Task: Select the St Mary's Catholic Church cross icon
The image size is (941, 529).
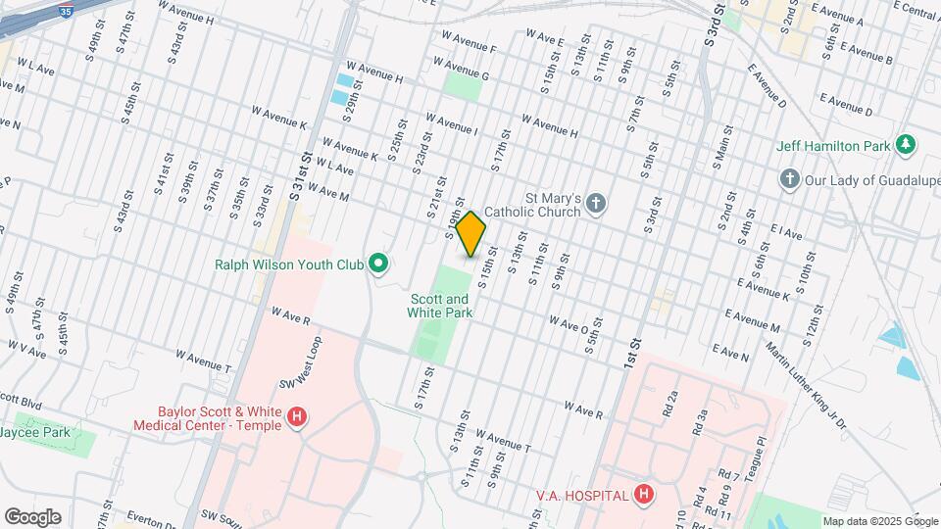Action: [x=595, y=205]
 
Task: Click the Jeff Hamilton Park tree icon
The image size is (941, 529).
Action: [x=907, y=146]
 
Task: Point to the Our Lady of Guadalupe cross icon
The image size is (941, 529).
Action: [x=789, y=179]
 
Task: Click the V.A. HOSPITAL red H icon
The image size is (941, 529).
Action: [x=643, y=495]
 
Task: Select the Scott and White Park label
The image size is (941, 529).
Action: [x=441, y=306]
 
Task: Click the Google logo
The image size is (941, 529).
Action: [x=32, y=517]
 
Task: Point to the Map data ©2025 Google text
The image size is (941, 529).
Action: [x=879, y=521]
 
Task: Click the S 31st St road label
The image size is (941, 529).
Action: [x=301, y=176]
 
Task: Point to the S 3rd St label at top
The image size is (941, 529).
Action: [x=713, y=28]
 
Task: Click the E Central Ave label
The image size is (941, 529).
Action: [x=917, y=12]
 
